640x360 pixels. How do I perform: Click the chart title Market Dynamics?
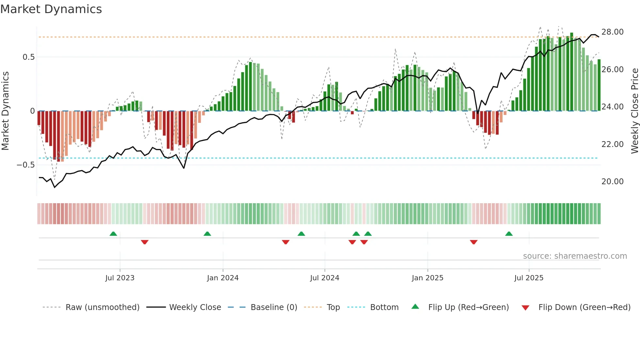[51, 9]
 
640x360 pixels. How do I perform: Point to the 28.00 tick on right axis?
[612, 32]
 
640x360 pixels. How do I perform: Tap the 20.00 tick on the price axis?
[612, 182]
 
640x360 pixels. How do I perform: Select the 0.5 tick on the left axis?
[28, 57]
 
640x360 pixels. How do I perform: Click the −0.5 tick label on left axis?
[26, 165]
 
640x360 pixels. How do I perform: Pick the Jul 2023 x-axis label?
[120, 278]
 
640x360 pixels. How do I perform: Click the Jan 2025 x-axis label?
[427, 278]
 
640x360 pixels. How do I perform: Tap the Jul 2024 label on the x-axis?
[325, 278]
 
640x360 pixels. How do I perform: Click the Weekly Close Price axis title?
[634, 111]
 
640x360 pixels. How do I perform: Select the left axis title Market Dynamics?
[5, 111]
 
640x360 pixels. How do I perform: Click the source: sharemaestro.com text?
[575, 256]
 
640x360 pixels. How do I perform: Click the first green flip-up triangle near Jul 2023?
[113, 234]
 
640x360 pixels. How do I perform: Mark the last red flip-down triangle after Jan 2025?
[474, 242]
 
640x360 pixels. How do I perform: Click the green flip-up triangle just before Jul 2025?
[509, 234]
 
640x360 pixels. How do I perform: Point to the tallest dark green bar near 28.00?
[572, 72]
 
